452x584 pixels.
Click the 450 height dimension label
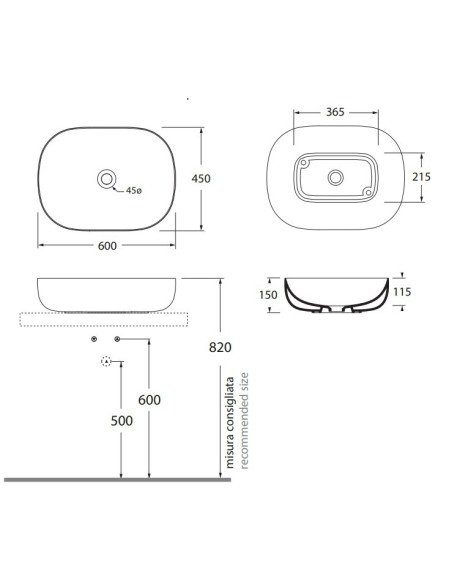pos(201,179)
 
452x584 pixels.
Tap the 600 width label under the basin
pos(107,246)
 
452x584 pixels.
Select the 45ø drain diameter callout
pos(134,191)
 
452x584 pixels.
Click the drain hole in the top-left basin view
pos(107,179)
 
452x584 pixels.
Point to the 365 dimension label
pos(335,112)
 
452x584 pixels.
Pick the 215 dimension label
pos(421,177)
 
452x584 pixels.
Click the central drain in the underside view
pos(335,178)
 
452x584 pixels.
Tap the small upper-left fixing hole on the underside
pos(304,163)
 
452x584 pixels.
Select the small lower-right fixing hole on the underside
pos(368,192)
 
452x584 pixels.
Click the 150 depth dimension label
pos(268,295)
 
